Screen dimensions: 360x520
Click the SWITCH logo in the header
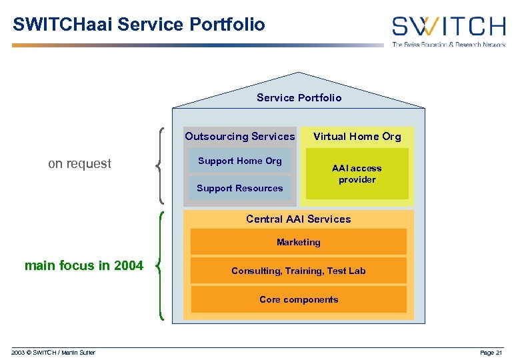[x=448, y=26]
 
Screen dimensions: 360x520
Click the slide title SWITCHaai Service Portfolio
[x=139, y=25]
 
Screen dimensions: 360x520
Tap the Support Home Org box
[x=239, y=161]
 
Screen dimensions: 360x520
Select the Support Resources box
[x=239, y=188]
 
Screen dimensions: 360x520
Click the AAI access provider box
[x=357, y=174]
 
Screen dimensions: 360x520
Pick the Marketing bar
[x=298, y=242]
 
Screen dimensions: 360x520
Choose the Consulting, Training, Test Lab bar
[x=298, y=271]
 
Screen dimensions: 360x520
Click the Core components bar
[x=298, y=299]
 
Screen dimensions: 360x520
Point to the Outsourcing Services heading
[x=239, y=137]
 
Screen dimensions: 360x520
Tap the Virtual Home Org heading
[x=357, y=137]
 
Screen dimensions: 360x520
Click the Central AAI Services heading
[x=298, y=219]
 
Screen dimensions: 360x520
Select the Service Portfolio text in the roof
[x=299, y=98]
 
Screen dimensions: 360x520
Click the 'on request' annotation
[x=79, y=164]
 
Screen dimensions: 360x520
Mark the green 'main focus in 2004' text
[x=83, y=266]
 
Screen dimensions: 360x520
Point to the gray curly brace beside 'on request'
[x=162, y=165]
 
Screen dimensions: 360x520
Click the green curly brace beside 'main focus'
[x=161, y=266]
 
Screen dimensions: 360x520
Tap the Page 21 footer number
[x=491, y=353]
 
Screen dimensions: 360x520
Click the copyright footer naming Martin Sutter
[x=53, y=353]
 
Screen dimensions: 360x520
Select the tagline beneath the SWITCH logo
[x=448, y=45]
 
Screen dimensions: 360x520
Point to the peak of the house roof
[x=299, y=73]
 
